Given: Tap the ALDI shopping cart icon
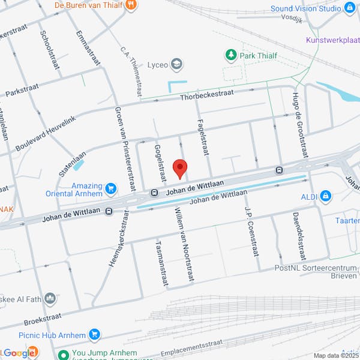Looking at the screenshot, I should coord(325,195).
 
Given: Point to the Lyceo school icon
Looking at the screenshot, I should coord(176,64).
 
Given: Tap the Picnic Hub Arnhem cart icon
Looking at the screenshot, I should coord(94,334).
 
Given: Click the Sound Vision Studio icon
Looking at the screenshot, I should coord(350,8).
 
